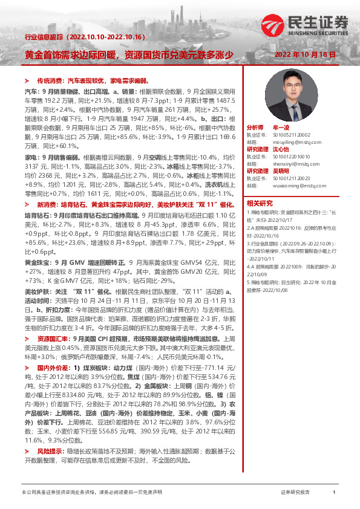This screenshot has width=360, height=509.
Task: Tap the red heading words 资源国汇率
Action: tap(51, 339)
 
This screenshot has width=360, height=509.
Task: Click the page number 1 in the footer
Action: tap(334, 493)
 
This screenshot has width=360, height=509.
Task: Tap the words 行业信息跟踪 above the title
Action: tap(44, 37)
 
